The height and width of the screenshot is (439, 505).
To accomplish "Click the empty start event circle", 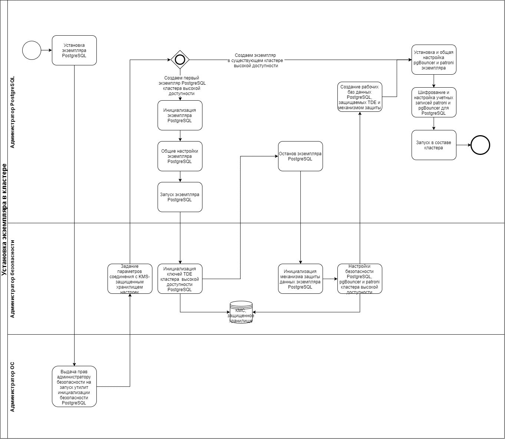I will pos(32,50).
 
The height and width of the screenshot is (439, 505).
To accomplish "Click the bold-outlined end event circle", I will pos(480,145).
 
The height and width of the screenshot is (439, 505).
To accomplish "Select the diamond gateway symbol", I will pos(180,59).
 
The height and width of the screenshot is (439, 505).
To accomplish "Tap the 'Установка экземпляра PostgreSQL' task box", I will pos(74,51).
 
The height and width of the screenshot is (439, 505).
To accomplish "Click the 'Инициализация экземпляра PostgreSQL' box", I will pos(180,115).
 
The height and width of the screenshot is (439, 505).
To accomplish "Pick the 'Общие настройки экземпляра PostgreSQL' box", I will pos(180,156).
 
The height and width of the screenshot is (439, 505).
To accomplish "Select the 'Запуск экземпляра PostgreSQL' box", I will pos(180,197).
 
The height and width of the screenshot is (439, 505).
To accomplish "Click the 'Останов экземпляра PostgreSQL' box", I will pos(300,156).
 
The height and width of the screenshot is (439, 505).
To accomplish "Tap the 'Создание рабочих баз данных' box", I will pos(360,97).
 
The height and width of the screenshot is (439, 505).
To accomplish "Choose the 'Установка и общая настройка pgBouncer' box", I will pos(434,60).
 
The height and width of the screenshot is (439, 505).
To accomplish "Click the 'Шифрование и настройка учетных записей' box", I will pos(434,103).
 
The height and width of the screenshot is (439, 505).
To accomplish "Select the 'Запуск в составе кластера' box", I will pos(434,145).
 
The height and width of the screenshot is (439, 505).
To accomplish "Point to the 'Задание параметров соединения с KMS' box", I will pos(130,279).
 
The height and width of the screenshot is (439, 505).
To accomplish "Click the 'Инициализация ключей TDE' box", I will pos(180,279).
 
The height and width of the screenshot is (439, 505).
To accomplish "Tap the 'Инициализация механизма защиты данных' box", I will pos(300,279).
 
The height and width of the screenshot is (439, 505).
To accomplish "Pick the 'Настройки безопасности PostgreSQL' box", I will pos(360,279).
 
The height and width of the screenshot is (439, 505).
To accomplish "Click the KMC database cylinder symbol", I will pos(241,312).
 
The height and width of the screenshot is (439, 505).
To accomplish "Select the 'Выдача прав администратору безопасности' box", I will pos(74,386).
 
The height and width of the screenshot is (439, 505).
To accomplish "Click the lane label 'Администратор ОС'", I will pos(12,387).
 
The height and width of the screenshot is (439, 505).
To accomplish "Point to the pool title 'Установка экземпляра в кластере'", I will pos(4,219).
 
